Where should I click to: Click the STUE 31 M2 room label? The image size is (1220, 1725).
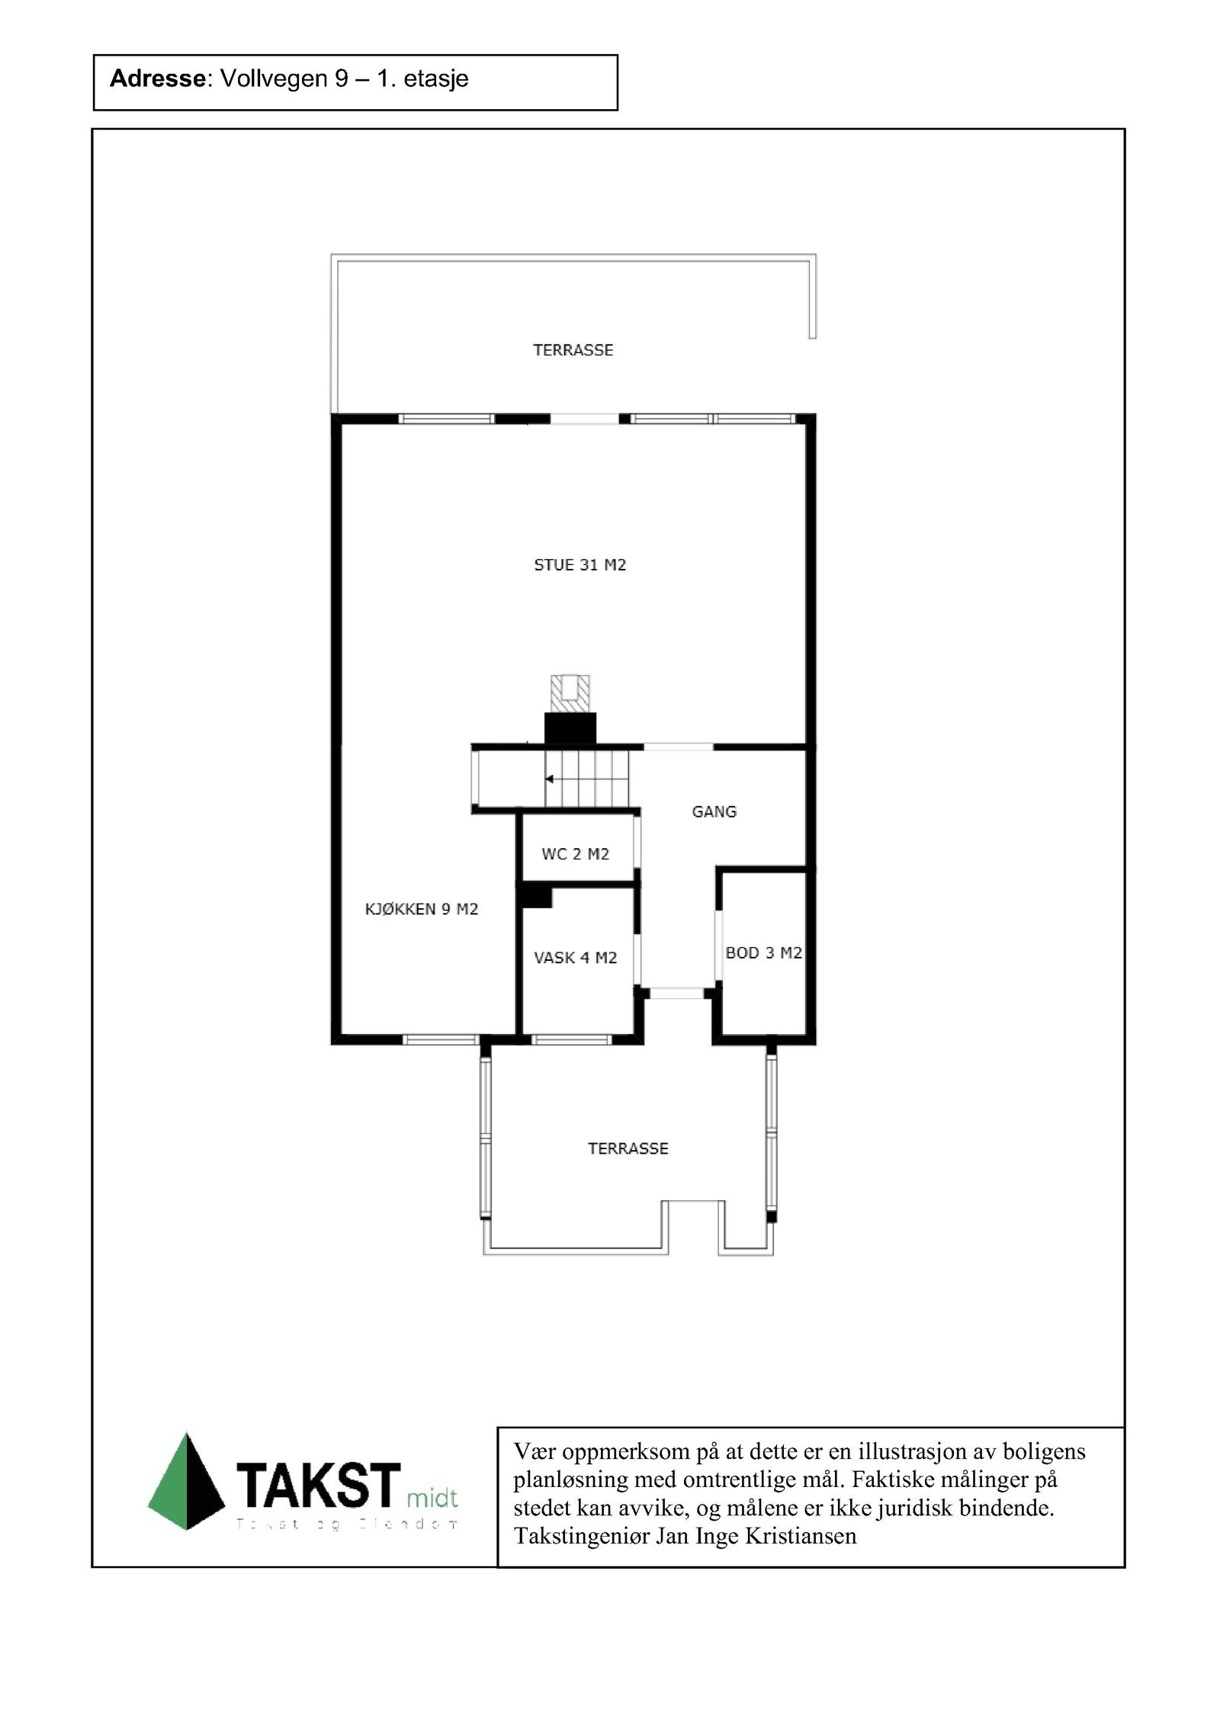click(579, 565)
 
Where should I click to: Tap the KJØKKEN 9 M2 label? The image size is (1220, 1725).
click(421, 909)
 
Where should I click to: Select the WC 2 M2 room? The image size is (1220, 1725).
click(576, 854)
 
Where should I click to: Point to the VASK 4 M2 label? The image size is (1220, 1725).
click(576, 958)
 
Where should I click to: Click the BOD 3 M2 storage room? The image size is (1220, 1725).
click(763, 952)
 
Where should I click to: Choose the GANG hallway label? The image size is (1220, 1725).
click(714, 811)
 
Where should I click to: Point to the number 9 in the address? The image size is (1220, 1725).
click(341, 79)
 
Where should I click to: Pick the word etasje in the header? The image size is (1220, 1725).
click(436, 79)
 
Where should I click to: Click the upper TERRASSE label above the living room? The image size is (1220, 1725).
click(573, 350)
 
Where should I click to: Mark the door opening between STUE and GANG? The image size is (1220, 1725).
click(679, 746)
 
